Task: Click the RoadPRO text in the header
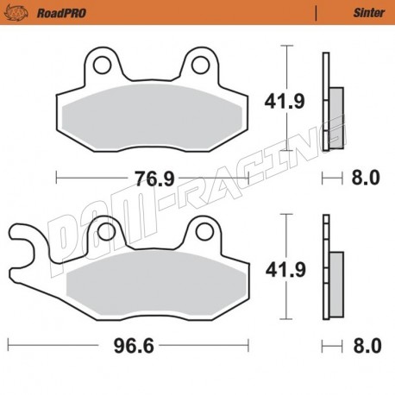point(61,13)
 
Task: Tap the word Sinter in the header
point(369,13)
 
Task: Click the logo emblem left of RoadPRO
point(16,13)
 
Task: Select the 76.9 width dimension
point(155,179)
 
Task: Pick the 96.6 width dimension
point(134,346)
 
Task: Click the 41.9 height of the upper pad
point(285,102)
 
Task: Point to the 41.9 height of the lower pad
point(285,270)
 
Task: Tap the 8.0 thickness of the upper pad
point(366,178)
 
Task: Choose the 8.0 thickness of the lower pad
point(367,346)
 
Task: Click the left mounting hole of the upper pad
point(102,66)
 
